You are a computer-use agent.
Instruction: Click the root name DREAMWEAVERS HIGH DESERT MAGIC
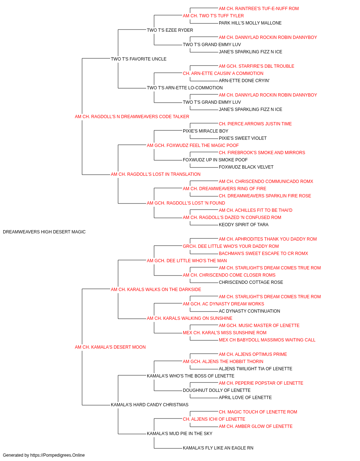[44, 232]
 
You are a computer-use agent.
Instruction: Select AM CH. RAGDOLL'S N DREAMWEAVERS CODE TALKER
[132, 117]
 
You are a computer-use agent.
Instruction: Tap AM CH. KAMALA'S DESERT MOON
[110, 347]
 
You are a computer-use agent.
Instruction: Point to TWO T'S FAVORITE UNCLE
[139, 59]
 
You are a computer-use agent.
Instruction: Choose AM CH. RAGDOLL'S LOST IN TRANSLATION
[156, 174]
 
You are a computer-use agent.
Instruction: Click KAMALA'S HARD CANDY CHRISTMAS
[149, 405]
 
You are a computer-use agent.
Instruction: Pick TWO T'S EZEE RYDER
[170, 30]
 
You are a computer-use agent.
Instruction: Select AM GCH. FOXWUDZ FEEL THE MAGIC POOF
[193, 145]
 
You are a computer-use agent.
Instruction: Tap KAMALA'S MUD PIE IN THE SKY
[179, 434]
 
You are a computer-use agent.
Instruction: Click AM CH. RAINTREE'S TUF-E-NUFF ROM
[258, 9]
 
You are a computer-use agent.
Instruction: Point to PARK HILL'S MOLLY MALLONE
[250, 23]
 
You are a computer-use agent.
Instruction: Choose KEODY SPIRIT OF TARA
[244, 225]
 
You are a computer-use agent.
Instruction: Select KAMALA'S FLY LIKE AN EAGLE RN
[218, 448]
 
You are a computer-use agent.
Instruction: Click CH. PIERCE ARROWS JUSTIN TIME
[255, 124]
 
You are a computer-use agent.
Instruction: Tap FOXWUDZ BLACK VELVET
[246, 167]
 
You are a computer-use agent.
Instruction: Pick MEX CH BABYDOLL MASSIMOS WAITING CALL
[267, 340]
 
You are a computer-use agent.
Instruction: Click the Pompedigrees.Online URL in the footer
[58, 455]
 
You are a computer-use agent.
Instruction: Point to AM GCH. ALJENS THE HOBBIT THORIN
[223, 362]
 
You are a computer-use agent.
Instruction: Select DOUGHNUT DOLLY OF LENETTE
[216, 390]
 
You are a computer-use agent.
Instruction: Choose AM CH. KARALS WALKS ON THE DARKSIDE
[156, 289]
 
